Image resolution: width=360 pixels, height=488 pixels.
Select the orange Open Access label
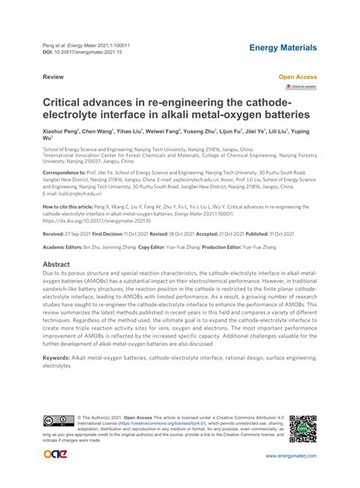tap(298, 78)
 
